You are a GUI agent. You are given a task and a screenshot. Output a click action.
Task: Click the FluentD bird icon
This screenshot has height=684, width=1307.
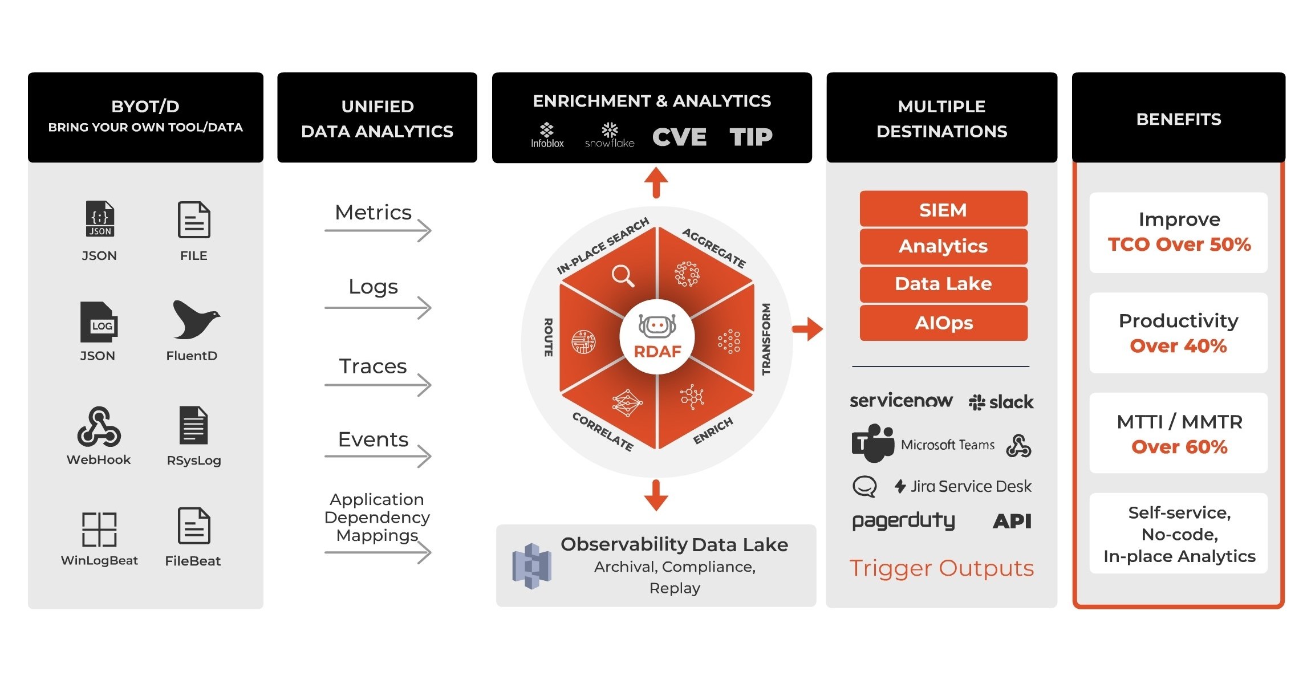[x=196, y=319]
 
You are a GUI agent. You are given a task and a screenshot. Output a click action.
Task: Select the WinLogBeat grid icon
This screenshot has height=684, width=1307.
[x=99, y=529]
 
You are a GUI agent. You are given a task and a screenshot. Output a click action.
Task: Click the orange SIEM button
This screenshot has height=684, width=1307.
[x=943, y=209]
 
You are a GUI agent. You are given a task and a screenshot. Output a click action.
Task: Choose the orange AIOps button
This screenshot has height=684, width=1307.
[x=943, y=323]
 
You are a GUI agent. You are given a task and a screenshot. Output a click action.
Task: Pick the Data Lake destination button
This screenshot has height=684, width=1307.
[x=943, y=284]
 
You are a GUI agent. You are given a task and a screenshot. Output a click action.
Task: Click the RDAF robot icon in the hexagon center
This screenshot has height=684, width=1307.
[x=657, y=327]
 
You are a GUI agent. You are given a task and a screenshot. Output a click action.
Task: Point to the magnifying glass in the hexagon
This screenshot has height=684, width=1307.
[x=623, y=276]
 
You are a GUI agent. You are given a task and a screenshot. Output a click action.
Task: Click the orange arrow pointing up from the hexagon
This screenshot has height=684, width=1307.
[x=656, y=182]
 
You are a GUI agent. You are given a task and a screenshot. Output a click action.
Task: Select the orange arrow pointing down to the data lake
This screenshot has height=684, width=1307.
[x=656, y=495]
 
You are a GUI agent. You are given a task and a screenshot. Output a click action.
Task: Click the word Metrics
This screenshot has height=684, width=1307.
[x=373, y=213]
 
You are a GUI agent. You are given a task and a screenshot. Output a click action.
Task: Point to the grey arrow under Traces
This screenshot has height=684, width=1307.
[x=378, y=385]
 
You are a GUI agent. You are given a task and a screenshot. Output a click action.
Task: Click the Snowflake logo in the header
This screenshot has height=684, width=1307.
[x=610, y=135]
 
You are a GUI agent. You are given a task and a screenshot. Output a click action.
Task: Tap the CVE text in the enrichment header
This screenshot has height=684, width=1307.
[x=679, y=137]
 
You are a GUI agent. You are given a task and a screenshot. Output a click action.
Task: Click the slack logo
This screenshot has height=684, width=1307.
[x=1001, y=402]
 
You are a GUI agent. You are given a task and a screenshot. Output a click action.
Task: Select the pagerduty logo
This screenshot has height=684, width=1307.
[x=903, y=521]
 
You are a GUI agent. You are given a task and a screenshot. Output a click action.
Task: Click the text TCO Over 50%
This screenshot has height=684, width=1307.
[x=1179, y=245]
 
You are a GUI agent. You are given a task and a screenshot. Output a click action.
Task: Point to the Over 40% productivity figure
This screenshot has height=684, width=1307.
[x=1178, y=346]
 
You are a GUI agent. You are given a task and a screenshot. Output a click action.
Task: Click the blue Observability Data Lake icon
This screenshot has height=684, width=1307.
[x=531, y=565]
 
